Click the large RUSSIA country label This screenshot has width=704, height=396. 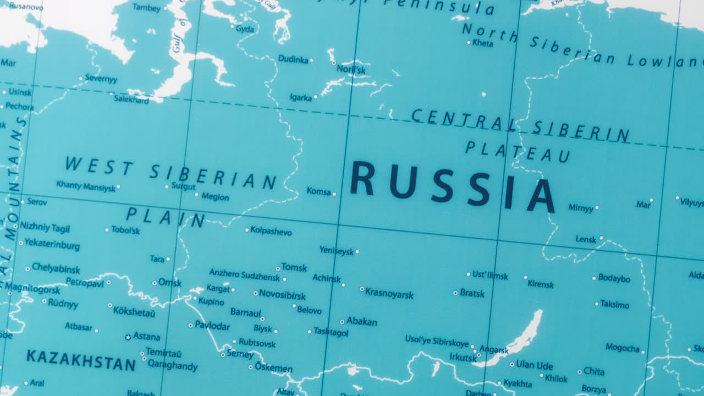(x=452, y=186)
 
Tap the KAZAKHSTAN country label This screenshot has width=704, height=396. (x=81, y=360)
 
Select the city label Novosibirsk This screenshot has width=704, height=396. (x=282, y=295)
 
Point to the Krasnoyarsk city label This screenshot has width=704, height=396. (x=389, y=293)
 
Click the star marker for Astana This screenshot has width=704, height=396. (x=128, y=337)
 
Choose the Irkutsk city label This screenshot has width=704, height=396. (x=463, y=358)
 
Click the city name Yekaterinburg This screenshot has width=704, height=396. (x=52, y=245)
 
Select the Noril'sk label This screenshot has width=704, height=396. (x=351, y=70)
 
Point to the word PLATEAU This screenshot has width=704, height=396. (x=518, y=152)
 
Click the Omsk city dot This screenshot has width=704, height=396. (x=155, y=283)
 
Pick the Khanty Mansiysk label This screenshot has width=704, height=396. (x=86, y=186)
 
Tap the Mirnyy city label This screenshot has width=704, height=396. (x=581, y=208)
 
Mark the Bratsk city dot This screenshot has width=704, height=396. (x=455, y=293)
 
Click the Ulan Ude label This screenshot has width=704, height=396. (x=534, y=365)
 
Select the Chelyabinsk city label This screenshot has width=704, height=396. (x=56, y=269)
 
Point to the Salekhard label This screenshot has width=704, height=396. (x=131, y=100)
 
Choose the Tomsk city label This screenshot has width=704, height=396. (x=294, y=267)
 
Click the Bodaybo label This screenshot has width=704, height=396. (x=614, y=278)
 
